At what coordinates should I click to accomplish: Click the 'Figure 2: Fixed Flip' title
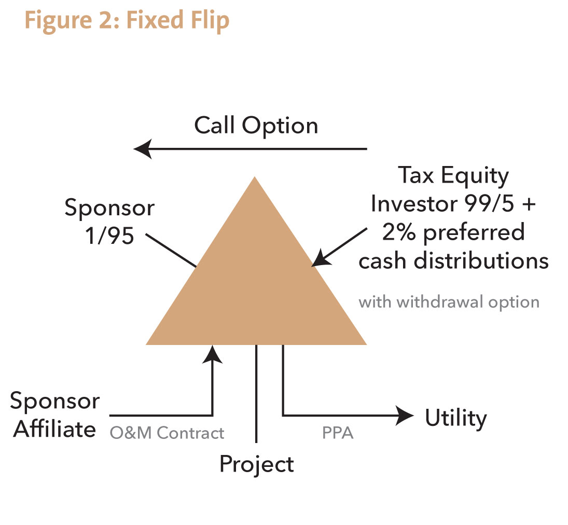127,21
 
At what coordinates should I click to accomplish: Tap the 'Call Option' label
256,126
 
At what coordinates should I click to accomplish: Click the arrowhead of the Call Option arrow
142,149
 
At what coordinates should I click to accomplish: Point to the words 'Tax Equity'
453,176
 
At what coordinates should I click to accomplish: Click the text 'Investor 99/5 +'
453,204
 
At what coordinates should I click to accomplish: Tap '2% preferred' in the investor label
453,232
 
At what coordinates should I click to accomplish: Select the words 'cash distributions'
453,260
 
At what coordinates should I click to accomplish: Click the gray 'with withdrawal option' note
449,302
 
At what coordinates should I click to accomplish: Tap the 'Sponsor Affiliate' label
55,415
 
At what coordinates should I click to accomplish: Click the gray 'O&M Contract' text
167,433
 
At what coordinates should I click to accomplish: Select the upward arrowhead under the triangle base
212,354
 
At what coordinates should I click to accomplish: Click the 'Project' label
256,463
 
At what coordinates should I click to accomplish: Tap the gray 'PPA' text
337,433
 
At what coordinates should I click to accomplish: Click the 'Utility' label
456,418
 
